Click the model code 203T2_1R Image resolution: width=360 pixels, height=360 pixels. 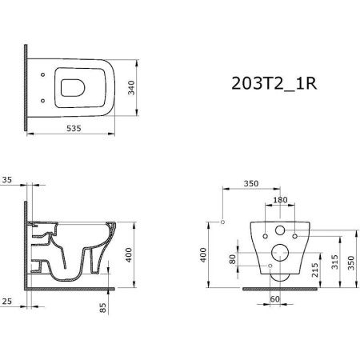274,84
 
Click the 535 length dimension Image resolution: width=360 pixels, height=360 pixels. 74,129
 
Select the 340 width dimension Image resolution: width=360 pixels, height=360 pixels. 131,88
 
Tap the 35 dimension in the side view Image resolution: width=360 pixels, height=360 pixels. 7,180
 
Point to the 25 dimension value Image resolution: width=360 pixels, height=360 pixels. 7,302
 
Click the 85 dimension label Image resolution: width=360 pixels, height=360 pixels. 103,308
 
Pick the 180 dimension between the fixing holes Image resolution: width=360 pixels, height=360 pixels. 281,200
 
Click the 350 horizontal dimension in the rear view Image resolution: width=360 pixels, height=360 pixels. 251,183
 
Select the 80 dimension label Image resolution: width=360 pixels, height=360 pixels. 233,259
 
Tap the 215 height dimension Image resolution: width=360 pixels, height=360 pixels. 315,270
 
